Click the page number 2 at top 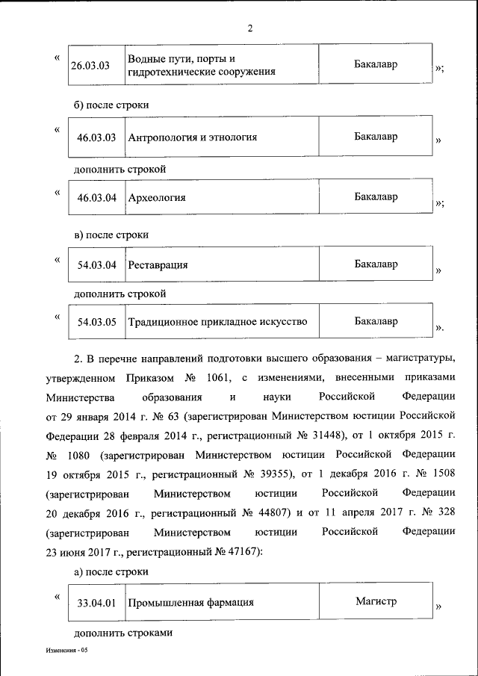click(x=250, y=29)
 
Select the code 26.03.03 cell click(x=90, y=66)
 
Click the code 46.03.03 click(x=96, y=137)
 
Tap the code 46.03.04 click(x=96, y=198)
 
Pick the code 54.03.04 click(x=96, y=265)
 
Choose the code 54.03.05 click(x=96, y=323)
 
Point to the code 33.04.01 click(x=96, y=602)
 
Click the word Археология click(x=157, y=198)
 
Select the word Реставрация click(x=158, y=265)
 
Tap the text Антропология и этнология click(x=193, y=137)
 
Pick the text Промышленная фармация click(x=190, y=602)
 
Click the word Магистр click(x=376, y=601)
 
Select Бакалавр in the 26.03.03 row click(x=376, y=65)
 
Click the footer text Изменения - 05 click(x=66, y=651)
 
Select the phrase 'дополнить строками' click(x=123, y=633)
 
